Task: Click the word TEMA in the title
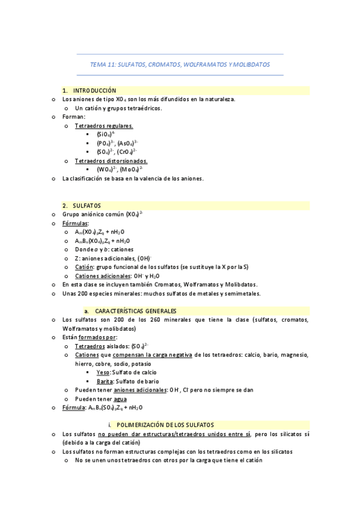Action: (97, 64)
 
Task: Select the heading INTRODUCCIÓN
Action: (99, 91)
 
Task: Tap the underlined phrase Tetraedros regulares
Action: (104, 126)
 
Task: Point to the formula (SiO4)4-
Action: (106, 134)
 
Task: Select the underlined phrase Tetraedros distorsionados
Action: (111, 161)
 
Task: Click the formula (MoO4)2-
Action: (131, 170)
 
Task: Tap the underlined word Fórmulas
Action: (75, 223)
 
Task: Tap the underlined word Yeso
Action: (103, 372)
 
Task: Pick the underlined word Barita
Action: (105, 381)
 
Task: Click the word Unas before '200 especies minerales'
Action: (70, 293)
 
